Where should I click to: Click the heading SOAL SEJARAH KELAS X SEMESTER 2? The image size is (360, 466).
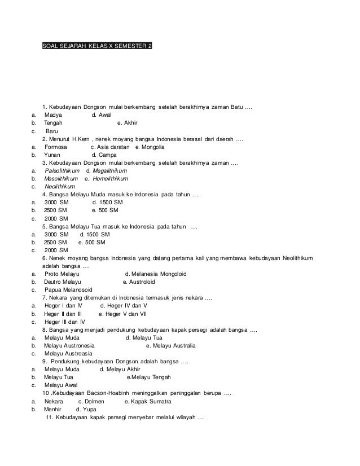point(97,45)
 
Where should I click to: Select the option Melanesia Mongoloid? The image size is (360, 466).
point(160,274)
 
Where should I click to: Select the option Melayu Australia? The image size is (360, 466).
point(172,345)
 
